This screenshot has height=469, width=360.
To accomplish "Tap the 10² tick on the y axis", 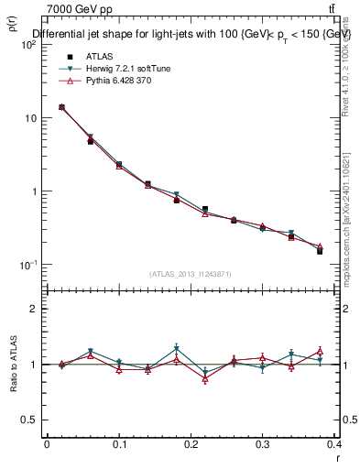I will pyautogui.click(x=27, y=45).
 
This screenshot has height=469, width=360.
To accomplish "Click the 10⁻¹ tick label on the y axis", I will pyautogui.click(x=27, y=265).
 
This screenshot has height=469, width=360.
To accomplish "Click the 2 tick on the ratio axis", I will pyautogui.click(x=32, y=309).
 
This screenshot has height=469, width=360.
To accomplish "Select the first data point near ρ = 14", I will pyautogui.click(x=61, y=107).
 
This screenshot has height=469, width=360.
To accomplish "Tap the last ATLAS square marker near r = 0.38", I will pyautogui.click(x=320, y=250).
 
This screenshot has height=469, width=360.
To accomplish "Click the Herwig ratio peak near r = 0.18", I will pyautogui.click(x=177, y=348).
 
